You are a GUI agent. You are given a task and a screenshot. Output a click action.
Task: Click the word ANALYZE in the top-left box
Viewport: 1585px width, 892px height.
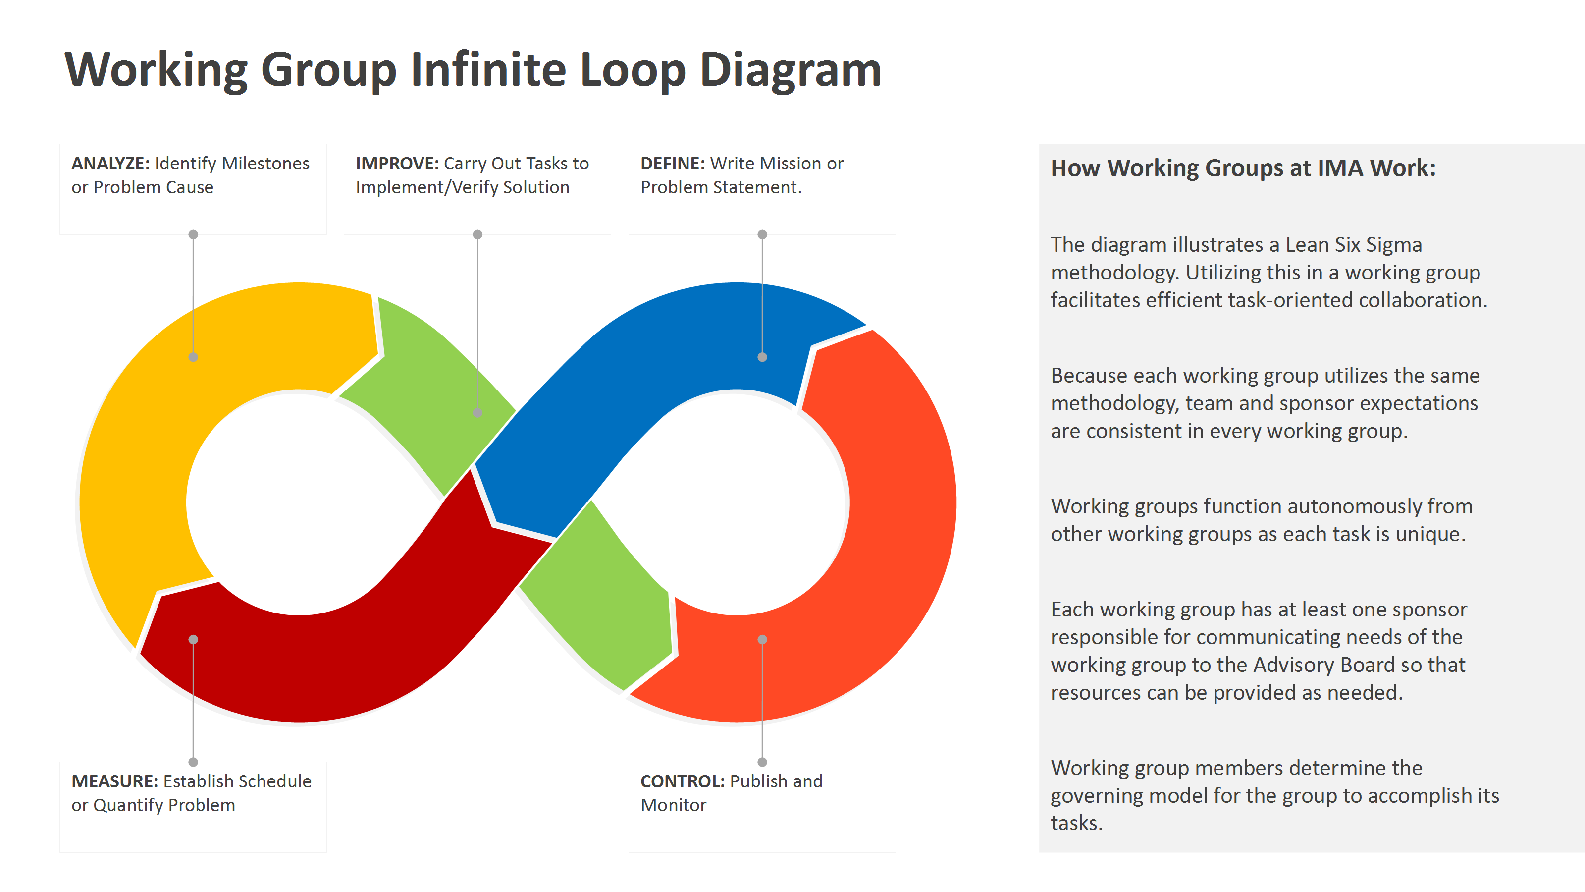(110, 164)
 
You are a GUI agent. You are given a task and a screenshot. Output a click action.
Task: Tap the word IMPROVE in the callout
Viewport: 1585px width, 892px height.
(397, 164)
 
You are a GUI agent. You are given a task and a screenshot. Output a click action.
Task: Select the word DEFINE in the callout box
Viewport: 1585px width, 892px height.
(672, 164)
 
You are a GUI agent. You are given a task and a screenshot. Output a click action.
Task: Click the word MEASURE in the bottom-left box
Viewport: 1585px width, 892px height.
(114, 781)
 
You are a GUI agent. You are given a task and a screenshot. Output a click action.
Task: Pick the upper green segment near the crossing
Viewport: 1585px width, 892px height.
(431, 394)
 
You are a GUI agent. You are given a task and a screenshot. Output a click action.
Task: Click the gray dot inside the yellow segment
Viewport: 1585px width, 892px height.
(193, 357)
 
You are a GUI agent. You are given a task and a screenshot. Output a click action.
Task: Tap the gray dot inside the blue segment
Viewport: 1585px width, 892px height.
(762, 357)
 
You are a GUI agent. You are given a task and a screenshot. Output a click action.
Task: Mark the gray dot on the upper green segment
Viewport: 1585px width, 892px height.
(477, 412)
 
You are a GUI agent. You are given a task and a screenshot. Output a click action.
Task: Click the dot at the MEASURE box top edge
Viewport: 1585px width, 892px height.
(193, 762)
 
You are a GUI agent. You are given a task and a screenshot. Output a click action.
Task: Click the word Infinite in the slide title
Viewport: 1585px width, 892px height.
(488, 69)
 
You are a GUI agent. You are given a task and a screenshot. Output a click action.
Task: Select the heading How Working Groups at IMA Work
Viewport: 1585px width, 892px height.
(1242, 168)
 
